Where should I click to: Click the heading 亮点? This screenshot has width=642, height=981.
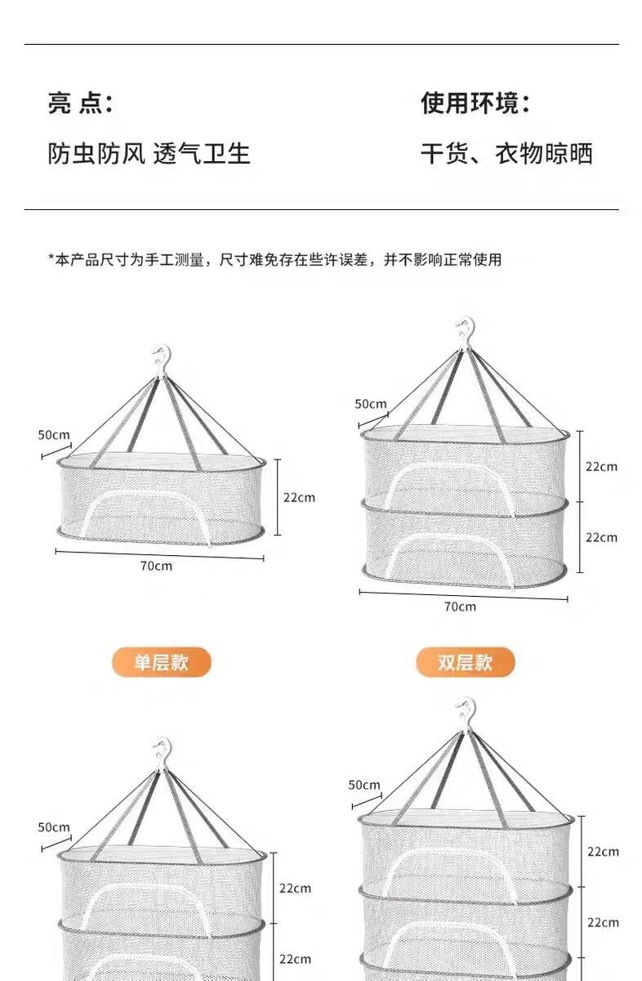coord(80,104)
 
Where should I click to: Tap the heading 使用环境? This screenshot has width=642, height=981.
coord(475,104)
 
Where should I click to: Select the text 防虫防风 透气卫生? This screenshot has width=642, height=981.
coord(149,154)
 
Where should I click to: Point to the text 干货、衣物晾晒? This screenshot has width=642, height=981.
coord(506,154)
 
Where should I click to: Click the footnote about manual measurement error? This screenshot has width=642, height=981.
coord(274,260)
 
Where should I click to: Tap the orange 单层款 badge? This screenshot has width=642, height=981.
coord(161,662)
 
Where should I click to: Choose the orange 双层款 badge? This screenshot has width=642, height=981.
coord(466,662)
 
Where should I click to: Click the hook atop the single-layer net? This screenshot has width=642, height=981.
coord(161,361)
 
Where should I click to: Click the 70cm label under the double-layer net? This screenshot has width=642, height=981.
coord(460,607)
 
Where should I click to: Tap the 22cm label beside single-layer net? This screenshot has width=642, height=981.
coord(299,497)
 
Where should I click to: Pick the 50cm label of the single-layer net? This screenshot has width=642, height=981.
coord(54,434)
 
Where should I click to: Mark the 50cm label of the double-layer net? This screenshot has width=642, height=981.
coord(370,403)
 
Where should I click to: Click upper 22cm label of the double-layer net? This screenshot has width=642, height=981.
coord(601,467)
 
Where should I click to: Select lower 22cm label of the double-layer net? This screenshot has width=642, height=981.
coord(601,537)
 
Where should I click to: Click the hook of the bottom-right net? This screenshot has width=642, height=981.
coord(466,712)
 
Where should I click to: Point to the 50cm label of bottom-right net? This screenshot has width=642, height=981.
coord(364,785)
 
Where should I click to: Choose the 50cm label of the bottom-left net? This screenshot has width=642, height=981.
coord(54,827)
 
